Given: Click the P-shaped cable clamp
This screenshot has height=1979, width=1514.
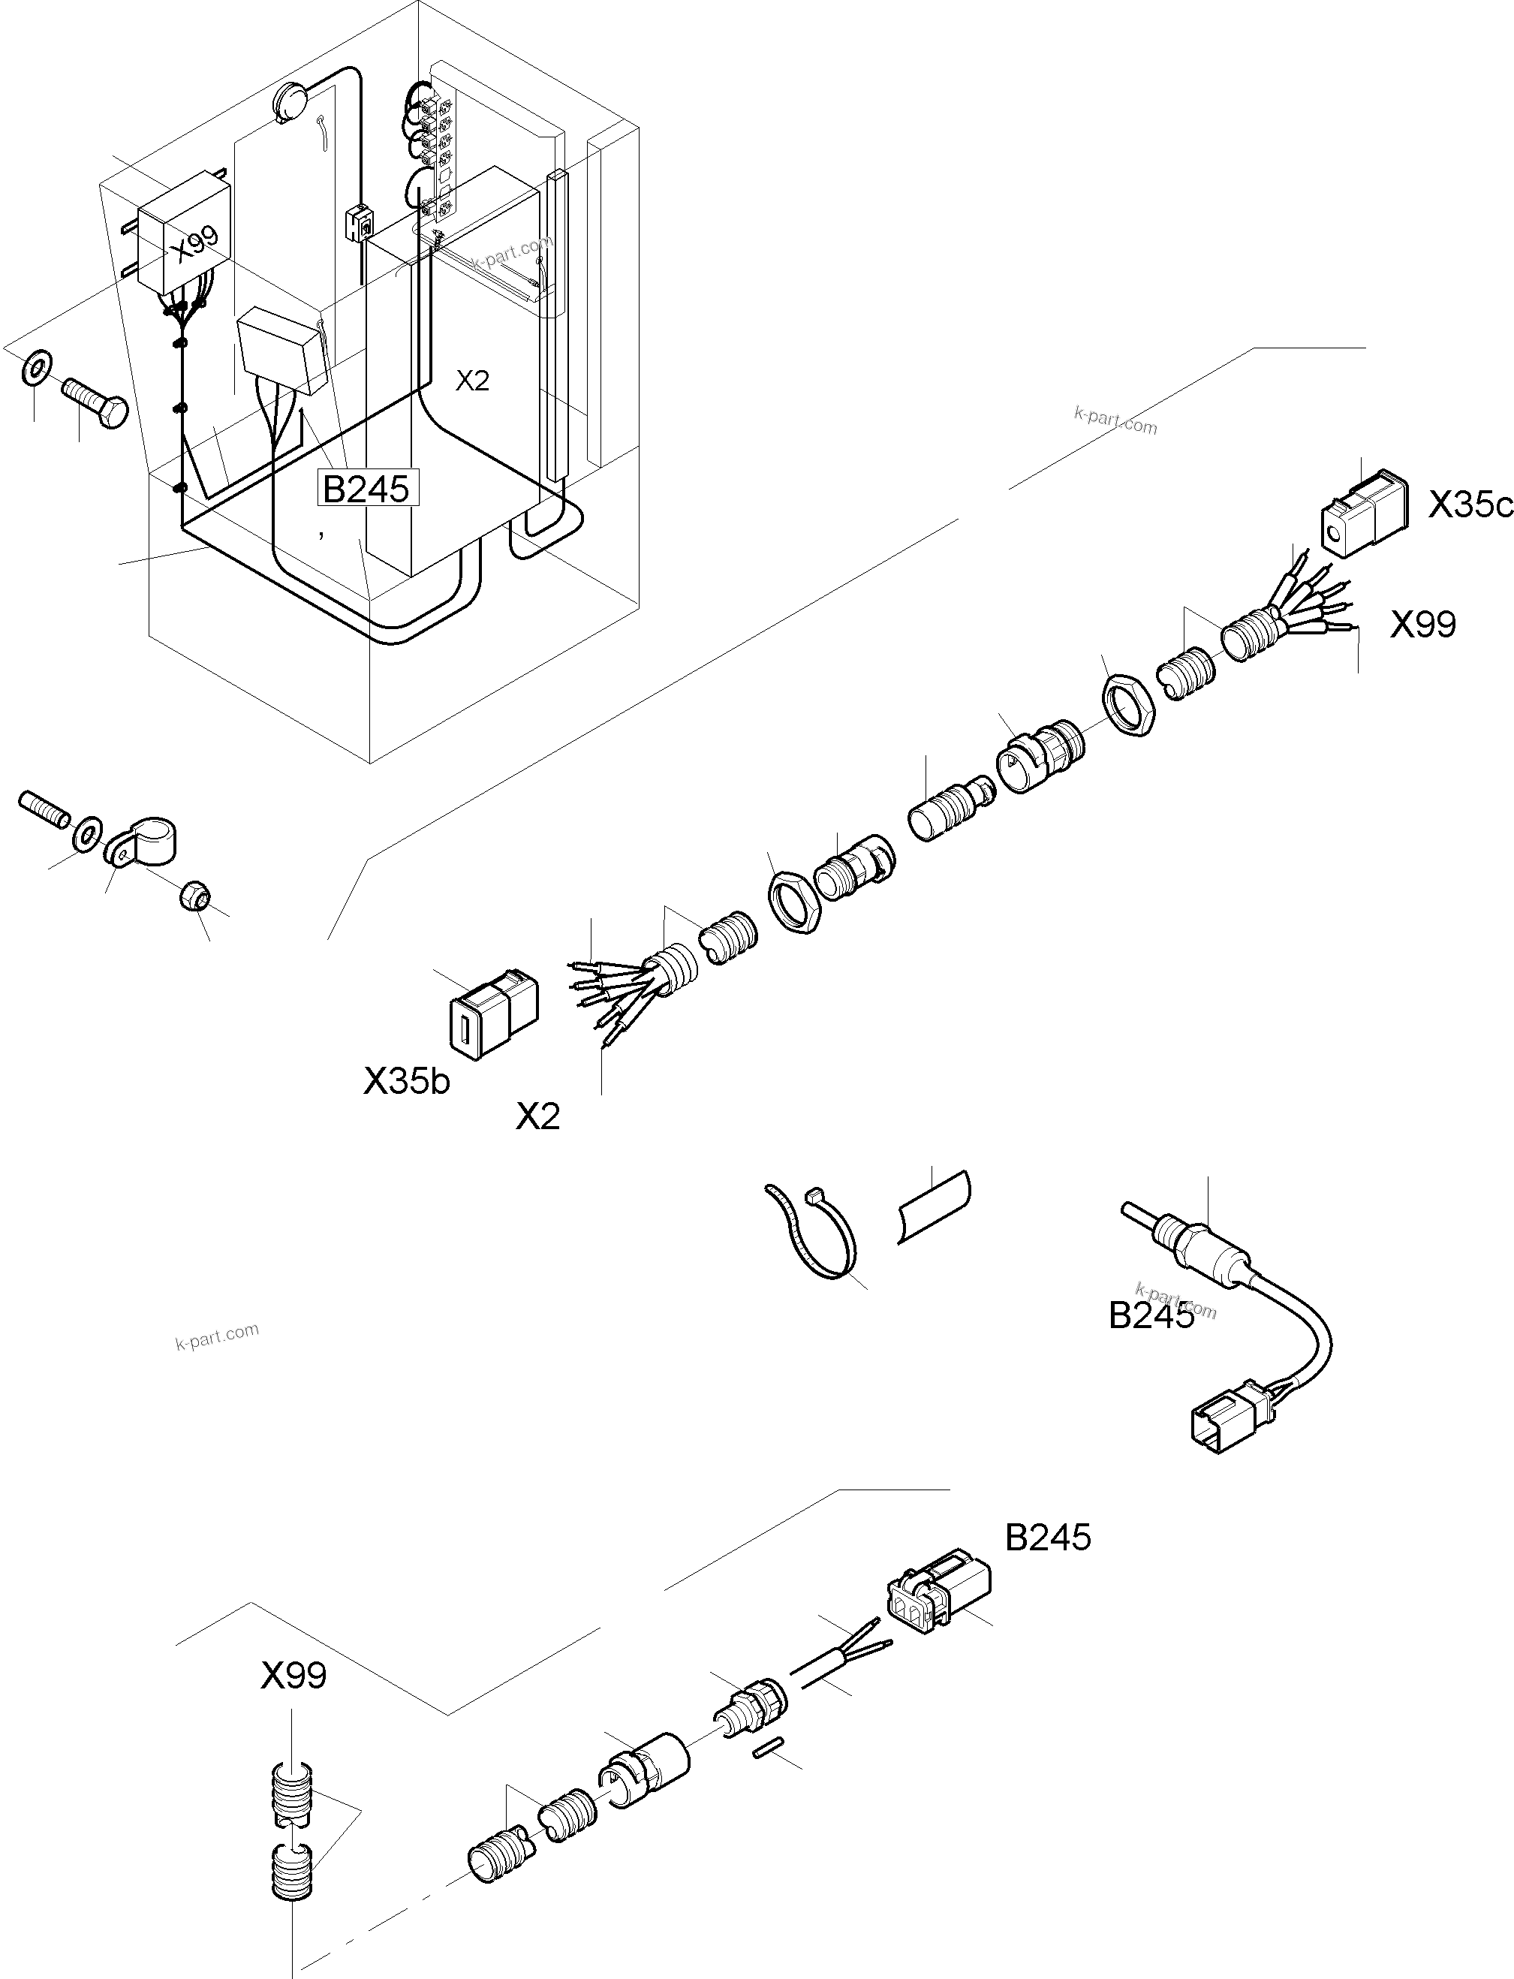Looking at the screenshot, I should pyautogui.click(x=144, y=839).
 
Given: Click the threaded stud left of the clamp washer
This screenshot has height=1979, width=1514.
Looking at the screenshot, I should pyautogui.click(x=42, y=809).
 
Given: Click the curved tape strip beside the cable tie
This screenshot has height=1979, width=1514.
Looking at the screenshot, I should pyautogui.click(x=934, y=1206).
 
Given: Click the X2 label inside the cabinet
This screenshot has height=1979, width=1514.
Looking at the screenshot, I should pyautogui.click(x=471, y=381).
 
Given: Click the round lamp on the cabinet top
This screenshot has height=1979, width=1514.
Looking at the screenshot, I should pyautogui.click(x=292, y=100).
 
